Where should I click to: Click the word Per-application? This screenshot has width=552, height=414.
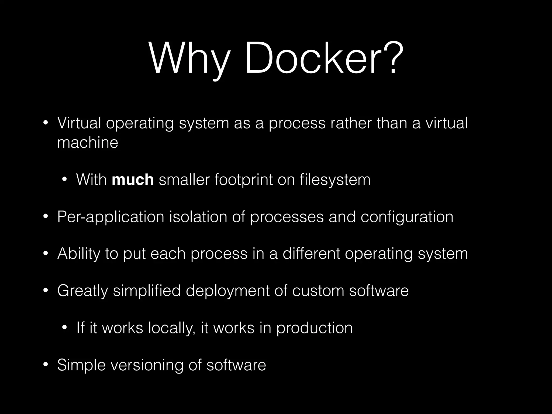[x=111, y=217]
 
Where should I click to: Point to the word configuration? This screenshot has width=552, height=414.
[x=407, y=217]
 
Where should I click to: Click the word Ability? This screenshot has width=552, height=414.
[x=78, y=254]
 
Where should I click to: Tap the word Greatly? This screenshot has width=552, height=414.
[x=82, y=291]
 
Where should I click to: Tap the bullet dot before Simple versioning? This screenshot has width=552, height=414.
[x=46, y=365]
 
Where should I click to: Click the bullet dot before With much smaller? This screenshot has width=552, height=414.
[x=64, y=180]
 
